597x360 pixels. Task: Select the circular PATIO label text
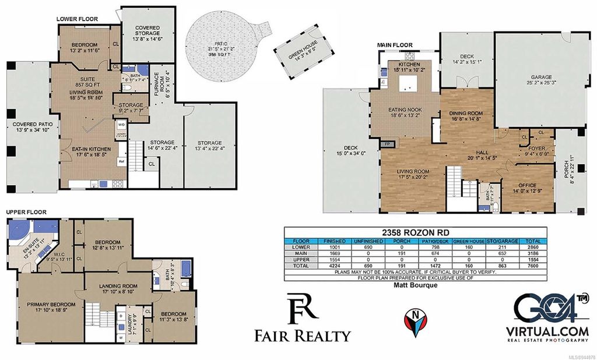tap(221, 45)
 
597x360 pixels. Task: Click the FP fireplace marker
tap(387, 143)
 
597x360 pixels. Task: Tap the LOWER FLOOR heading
tap(77, 19)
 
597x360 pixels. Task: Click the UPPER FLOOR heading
tap(26, 213)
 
